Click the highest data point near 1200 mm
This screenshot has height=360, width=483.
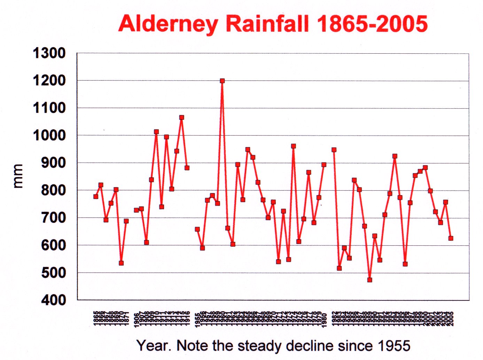[x=222, y=81]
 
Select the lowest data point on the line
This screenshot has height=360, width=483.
[x=369, y=280]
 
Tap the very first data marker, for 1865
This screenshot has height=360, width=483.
[x=96, y=197]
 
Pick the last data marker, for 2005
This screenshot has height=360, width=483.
[x=451, y=238]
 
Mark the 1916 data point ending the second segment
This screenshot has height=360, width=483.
[x=187, y=168]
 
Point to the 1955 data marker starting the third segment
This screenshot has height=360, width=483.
[x=197, y=229]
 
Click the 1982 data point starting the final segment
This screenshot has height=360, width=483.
[x=334, y=150]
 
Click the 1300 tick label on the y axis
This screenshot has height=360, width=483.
[x=49, y=54]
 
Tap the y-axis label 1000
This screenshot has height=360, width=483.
[x=49, y=135]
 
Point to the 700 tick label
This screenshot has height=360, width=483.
[x=53, y=217]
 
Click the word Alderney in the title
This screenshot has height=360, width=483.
[x=168, y=24]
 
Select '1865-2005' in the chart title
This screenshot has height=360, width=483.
[x=372, y=24]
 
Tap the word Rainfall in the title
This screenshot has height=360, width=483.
[x=267, y=24]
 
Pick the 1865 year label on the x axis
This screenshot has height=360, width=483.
[x=96, y=319]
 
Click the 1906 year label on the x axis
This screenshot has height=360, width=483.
[x=136, y=319]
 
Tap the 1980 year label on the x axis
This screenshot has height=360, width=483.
[x=324, y=319]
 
